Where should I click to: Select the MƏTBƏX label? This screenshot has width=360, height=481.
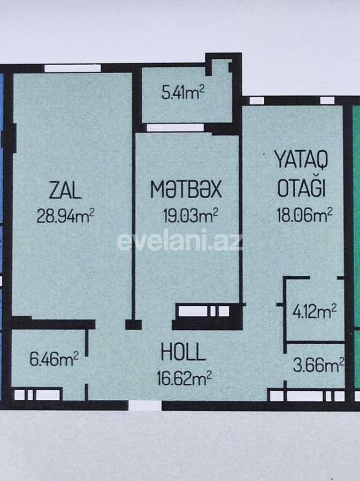point(186,190)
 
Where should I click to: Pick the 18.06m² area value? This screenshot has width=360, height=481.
point(304,215)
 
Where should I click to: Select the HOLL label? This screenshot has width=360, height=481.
point(183,352)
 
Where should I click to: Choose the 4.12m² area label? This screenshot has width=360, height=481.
point(313,311)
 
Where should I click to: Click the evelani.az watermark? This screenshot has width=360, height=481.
point(180,241)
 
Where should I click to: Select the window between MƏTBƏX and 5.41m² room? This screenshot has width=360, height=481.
point(175,127)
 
